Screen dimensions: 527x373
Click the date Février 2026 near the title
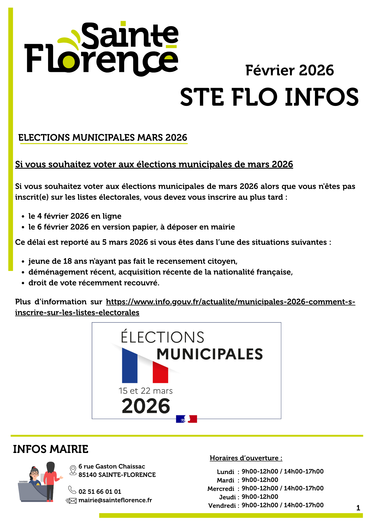click(x=289, y=71)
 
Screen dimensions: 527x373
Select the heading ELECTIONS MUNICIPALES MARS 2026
click(x=103, y=138)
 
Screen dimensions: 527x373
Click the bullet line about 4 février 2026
click(x=75, y=216)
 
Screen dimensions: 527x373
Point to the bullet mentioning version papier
click(x=131, y=227)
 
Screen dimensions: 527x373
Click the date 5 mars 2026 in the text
click(x=125, y=242)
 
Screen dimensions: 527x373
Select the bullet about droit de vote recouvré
click(x=94, y=283)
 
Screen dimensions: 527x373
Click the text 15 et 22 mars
click(x=145, y=391)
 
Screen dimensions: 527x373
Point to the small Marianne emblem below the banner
click(x=186, y=419)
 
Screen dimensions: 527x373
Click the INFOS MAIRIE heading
click(x=51, y=449)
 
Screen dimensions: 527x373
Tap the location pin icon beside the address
click(x=73, y=470)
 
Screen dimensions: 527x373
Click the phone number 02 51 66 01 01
click(x=100, y=492)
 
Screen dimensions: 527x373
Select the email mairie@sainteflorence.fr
click(x=115, y=500)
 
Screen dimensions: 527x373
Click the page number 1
click(x=358, y=508)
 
